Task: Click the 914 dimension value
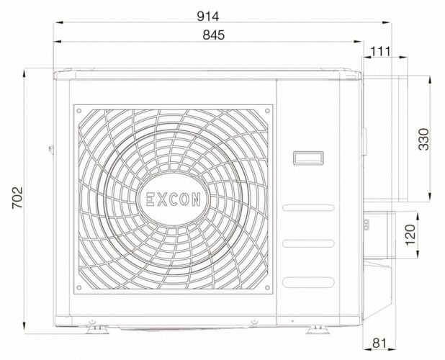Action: point(208,17)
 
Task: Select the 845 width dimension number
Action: point(213,35)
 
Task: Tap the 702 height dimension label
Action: point(17,197)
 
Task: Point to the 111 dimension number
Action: point(380,51)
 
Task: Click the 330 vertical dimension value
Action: point(424,139)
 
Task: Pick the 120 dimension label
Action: point(410,235)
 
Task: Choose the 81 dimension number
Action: point(379,343)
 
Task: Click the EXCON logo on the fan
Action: point(174,199)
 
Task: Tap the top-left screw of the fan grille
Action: point(79,111)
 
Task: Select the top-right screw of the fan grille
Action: point(267,111)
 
